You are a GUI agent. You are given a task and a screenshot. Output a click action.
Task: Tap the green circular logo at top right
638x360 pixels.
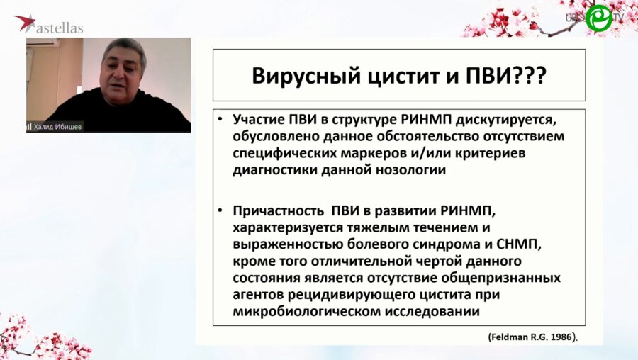tap(598, 18)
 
